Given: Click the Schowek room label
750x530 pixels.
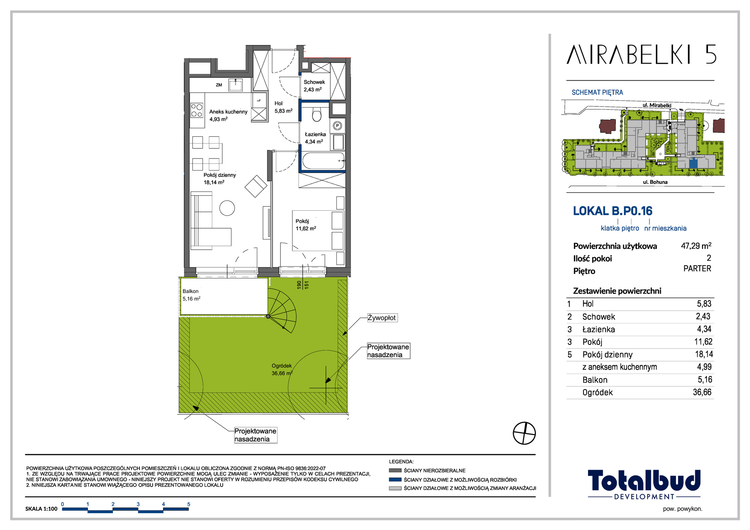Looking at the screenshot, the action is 314,82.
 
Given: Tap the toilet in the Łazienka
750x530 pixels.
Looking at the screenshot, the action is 317,114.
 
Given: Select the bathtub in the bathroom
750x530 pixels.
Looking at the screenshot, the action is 323,161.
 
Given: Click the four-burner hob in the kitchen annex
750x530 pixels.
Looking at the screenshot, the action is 197,110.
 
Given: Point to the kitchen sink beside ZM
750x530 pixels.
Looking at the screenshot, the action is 235,85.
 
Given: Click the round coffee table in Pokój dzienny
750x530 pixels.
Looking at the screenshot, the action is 227,208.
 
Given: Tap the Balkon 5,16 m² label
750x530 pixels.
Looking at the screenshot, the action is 191,295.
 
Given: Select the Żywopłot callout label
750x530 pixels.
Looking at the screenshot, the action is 382,318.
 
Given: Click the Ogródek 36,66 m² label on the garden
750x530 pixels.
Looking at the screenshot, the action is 282,370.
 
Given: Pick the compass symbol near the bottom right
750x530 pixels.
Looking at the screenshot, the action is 524,433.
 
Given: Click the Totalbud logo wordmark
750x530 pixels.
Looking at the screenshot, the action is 644,481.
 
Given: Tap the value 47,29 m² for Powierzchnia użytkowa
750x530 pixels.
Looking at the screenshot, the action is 696,246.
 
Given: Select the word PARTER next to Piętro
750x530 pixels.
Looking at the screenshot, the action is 697,268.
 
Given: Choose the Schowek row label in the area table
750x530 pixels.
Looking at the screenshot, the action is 598,317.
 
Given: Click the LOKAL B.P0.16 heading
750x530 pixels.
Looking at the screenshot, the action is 613,211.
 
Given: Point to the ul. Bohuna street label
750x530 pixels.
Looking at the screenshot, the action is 655,182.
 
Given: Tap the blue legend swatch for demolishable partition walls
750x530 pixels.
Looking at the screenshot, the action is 395,479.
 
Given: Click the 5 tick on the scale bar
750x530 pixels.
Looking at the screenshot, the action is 189,504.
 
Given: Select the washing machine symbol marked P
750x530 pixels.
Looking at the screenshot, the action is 337,126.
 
